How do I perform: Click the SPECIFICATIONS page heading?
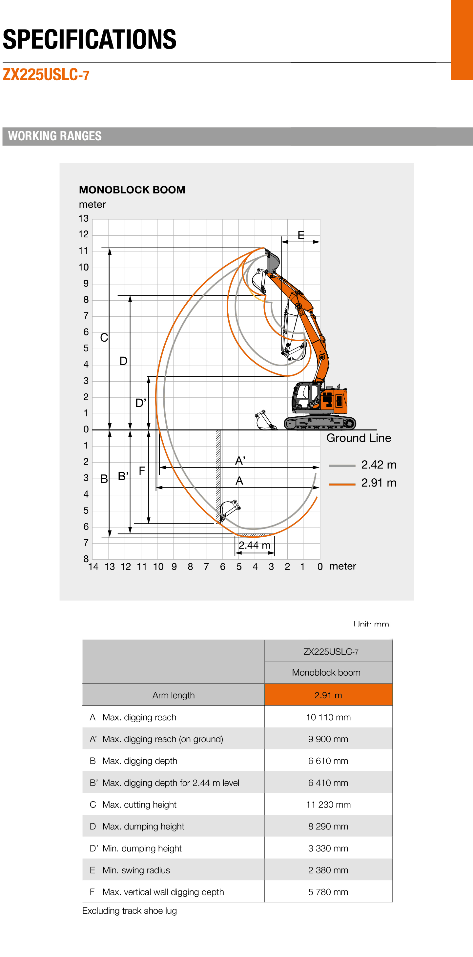click(x=90, y=39)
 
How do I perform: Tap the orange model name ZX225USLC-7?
click(x=46, y=75)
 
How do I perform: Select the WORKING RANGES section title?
click(x=55, y=136)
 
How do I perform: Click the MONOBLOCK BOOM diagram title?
click(x=132, y=190)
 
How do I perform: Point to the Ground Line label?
click(x=359, y=438)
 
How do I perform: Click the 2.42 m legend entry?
click(x=378, y=465)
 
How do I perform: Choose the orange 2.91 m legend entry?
click(x=378, y=483)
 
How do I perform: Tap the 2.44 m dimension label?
click(x=254, y=545)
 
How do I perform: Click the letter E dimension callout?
click(x=301, y=235)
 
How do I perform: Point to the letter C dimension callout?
click(x=104, y=338)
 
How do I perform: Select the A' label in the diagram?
click(x=240, y=461)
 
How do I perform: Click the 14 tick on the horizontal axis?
click(x=93, y=567)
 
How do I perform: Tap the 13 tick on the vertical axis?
click(x=84, y=218)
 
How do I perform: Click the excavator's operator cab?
click(x=305, y=396)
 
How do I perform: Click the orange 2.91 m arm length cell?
click(x=328, y=695)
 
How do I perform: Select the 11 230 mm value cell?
click(x=328, y=805)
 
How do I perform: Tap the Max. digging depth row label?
click(x=140, y=761)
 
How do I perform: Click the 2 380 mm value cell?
click(x=328, y=870)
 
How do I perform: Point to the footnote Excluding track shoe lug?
click(x=129, y=911)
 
